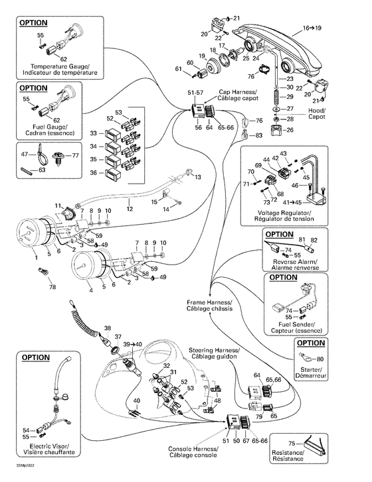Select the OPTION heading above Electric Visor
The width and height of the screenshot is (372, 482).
[x=35, y=357]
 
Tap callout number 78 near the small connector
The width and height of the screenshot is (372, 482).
[x=52, y=286]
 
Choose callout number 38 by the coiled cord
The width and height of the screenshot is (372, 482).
[x=108, y=328]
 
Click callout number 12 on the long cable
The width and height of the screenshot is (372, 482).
[x=130, y=209]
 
